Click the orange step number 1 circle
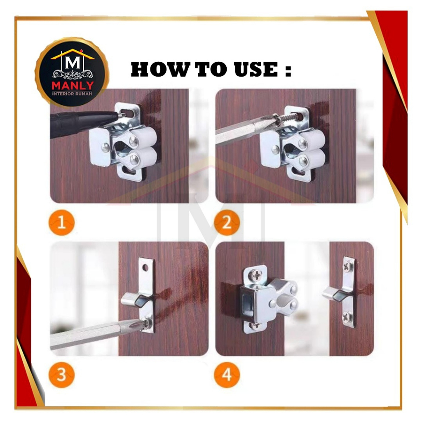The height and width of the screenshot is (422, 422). tap(62, 223)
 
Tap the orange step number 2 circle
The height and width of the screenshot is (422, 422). tap(227, 223)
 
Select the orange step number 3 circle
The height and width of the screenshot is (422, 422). tap(62, 374)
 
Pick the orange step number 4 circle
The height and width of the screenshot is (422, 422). tap(227, 374)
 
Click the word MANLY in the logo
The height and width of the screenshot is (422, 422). tap(73, 86)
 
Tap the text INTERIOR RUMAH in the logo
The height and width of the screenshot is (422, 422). tap(72, 94)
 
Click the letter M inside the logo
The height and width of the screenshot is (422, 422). tap(73, 63)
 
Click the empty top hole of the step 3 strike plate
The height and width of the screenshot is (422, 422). tap(145, 267)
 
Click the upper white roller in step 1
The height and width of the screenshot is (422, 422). tap(143, 138)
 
